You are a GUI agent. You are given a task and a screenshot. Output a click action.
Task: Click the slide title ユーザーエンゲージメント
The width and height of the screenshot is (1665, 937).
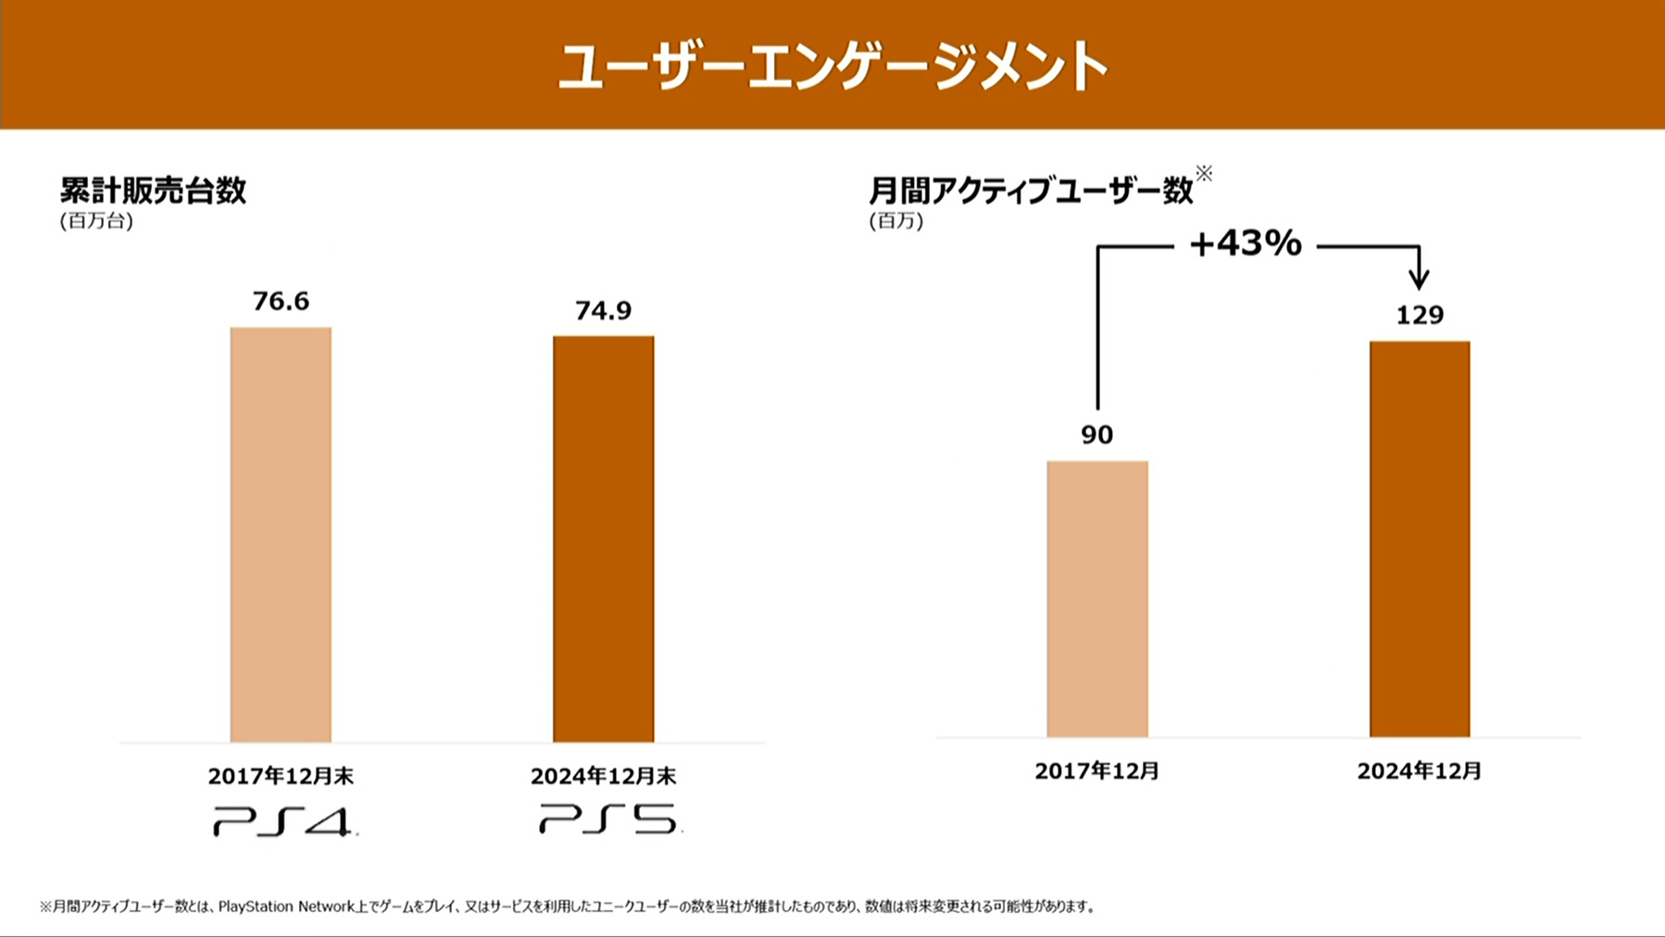point(832,67)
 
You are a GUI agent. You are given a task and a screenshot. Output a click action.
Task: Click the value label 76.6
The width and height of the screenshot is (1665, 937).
point(281,301)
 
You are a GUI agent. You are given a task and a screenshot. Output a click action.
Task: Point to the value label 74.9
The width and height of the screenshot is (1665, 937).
point(603,310)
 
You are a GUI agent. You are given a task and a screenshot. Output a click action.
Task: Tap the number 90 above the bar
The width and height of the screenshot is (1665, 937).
point(1097,434)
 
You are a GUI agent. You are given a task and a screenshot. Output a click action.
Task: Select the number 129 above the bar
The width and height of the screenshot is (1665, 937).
point(1420,315)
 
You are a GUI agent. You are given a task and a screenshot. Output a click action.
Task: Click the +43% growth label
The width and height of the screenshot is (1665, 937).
point(1246,244)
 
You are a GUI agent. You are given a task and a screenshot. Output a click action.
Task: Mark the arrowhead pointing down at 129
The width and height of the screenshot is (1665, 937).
point(1419,277)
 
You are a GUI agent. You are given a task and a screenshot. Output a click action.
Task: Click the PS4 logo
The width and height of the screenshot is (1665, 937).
point(282,821)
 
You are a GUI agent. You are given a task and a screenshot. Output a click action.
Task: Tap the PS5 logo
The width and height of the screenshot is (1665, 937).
point(609,819)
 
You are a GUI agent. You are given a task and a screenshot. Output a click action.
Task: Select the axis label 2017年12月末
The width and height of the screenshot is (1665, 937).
point(281,776)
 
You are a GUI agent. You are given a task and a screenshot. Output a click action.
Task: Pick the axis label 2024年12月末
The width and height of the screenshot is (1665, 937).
point(603,776)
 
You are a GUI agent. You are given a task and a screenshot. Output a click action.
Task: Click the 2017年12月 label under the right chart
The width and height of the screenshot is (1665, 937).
point(1097,770)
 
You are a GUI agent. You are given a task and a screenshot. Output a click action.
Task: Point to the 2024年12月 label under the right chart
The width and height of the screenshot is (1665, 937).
point(1420,770)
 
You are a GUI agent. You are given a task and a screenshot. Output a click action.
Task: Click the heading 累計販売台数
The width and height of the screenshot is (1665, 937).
point(153,190)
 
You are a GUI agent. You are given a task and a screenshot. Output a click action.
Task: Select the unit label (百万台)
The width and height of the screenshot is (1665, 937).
point(96,220)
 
